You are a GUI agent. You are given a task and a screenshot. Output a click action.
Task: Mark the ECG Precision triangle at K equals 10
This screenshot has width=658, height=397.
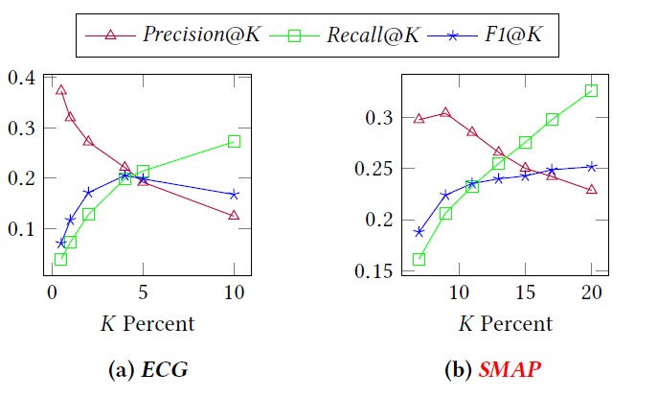(234, 216)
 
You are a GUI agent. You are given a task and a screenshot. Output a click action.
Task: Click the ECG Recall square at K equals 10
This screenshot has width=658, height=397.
(234, 141)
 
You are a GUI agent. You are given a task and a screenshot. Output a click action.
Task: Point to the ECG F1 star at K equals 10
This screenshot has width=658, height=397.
(234, 195)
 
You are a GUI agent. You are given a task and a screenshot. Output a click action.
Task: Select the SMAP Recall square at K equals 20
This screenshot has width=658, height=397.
(591, 90)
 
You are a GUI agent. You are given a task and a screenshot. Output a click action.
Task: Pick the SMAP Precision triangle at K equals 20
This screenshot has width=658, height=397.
(591, 190)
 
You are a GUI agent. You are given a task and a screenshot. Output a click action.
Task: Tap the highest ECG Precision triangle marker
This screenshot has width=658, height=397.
(61, 90)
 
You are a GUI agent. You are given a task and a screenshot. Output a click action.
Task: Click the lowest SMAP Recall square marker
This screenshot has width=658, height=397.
(419, 259)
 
